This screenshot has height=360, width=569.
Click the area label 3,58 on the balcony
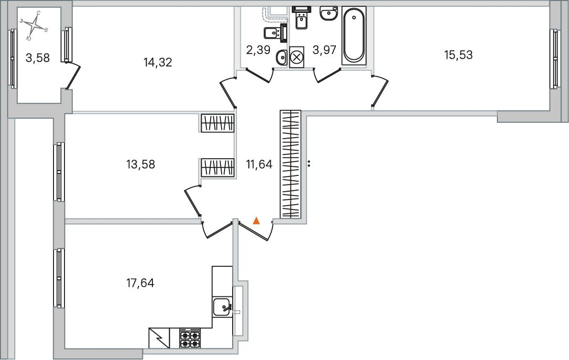(38, 57)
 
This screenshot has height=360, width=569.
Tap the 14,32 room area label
(158, 63)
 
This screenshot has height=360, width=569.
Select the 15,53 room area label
(458, 55)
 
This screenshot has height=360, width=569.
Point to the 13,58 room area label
(141, 164)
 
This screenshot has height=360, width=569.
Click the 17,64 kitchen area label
(140, 283)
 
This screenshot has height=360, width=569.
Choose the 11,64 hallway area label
(259, 164)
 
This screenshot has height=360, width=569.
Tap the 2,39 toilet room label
(258, 50)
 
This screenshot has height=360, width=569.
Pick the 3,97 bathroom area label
(324, 50)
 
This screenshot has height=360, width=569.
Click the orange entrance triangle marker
(256, 220)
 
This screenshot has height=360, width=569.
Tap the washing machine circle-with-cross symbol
(297, 57)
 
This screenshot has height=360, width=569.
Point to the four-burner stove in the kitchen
(190, 338)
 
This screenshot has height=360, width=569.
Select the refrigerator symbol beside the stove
(159, 338)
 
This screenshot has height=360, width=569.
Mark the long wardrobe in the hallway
(290, 164)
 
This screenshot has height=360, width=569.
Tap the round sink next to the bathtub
(329, 13)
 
